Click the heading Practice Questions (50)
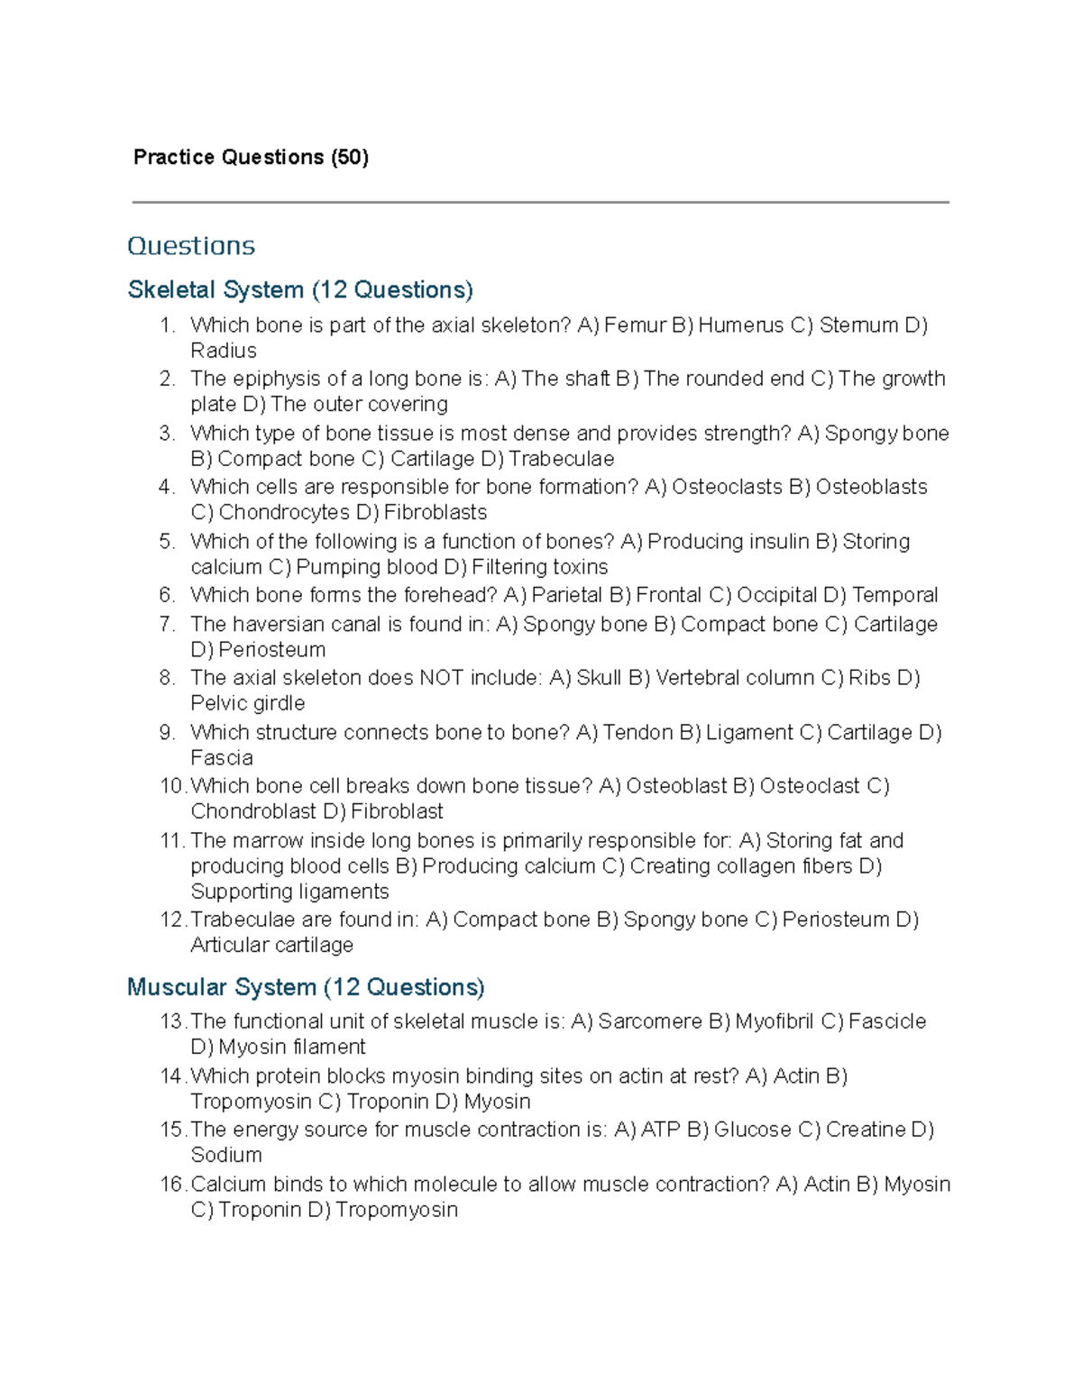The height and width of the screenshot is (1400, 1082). (x=251, y=158)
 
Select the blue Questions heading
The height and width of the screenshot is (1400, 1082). (x=191, y=246)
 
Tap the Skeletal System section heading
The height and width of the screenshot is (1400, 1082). (x=300, y=290)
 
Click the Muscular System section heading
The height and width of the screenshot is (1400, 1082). (x=306, y=987)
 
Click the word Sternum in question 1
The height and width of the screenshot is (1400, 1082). (x=858, y=325)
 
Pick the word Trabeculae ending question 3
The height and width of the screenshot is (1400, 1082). (x=562, y=459)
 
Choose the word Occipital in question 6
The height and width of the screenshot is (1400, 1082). (x=776, y=595)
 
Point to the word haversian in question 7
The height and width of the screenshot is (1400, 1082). (x=279, y=625)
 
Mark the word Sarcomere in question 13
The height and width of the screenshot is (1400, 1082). (x=649, y=1021)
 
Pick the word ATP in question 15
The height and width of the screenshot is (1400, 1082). (x=660, y=1130)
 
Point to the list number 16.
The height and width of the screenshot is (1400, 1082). (x=172, y=1185)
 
